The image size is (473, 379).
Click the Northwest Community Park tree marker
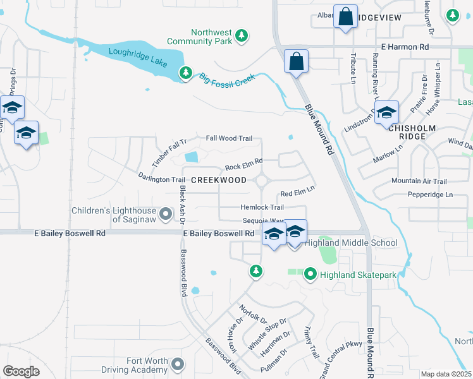(x=242, y=37)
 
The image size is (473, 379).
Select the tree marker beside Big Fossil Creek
(x=185, y=74)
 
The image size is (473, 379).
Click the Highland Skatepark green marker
(x=310, y=274)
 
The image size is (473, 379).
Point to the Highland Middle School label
(x=352, y=243)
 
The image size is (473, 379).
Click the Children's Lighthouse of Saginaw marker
(x=166, y=215)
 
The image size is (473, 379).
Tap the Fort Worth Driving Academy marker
(x=179, y=364)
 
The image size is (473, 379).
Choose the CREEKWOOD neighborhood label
(x=219, y=180)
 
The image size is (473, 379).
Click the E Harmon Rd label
(x=405, y=47)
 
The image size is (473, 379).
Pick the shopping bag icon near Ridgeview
(x=347, y=18)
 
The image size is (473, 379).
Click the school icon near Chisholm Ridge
(x=386, y=114)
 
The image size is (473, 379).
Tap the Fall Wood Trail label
(x=229, y=138)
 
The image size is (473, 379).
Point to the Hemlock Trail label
(x=262, y=207)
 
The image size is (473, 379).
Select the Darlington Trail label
(x=163, y=179)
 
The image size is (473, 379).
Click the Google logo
(x=21, y=371)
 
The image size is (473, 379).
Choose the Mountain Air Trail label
(x=419, y=181)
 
